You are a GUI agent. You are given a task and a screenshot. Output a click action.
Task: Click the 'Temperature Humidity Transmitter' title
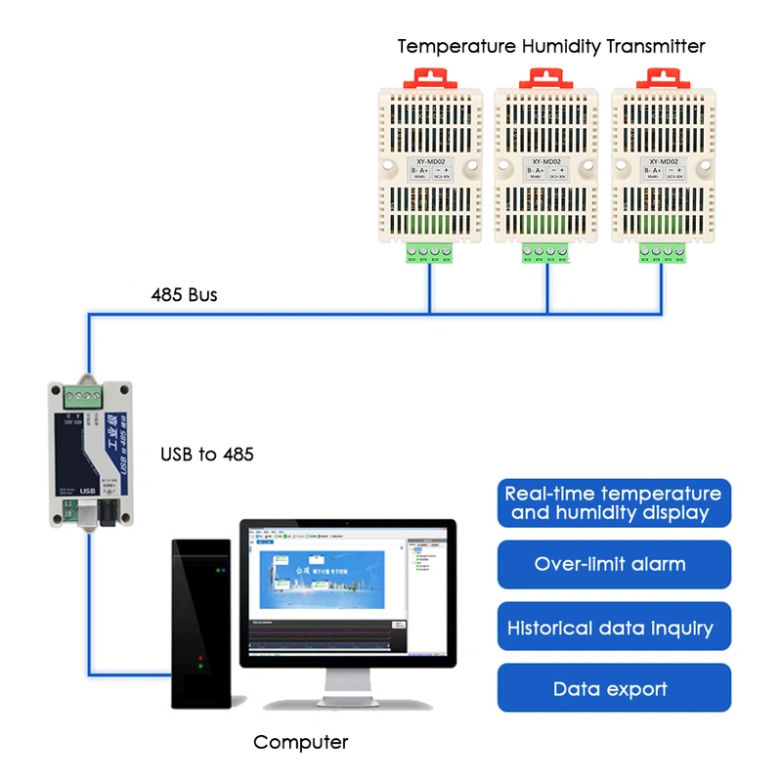[x=550, y=46]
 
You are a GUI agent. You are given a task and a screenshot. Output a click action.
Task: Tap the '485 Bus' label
[x=184, y=294]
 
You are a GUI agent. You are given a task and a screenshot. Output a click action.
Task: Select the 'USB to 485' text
[x=207, y=455]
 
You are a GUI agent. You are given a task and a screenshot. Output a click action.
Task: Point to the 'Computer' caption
[x=300, y=743]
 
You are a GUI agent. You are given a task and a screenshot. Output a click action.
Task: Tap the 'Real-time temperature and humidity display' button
[x=614, y=503]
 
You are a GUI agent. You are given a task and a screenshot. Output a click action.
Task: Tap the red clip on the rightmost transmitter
[x=663, y=77]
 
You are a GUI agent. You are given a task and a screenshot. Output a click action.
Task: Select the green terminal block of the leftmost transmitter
[x=430, y=253]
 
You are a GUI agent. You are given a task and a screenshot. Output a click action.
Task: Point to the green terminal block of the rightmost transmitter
[x=663, y=253]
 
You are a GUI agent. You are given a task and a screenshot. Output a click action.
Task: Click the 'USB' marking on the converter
[x=86, y=491]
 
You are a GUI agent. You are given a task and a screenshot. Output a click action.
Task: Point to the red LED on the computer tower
[x=200, y=658]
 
